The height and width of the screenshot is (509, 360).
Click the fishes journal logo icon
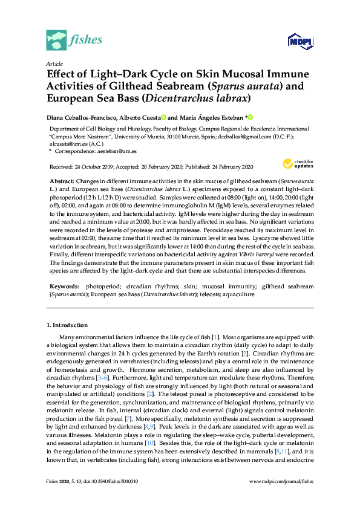(x=56, y=41)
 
